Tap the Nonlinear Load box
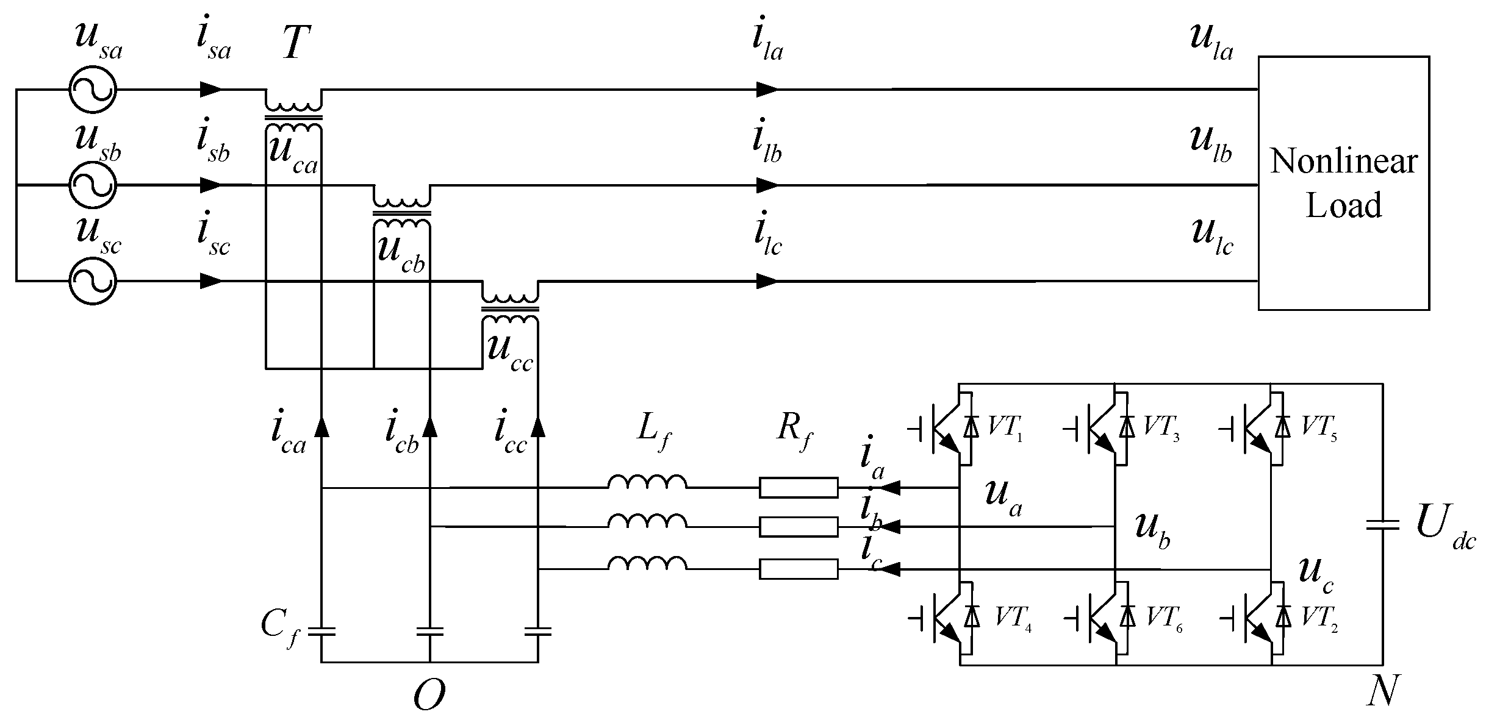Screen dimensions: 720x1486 pos(1343,183)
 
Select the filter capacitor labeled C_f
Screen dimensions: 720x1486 pos(321,631)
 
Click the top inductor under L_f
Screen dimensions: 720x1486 pos(647,482)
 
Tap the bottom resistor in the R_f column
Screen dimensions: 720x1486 pos(798,569)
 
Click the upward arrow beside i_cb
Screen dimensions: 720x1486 pos(430,426)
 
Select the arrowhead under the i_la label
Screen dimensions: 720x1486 pos(767,89)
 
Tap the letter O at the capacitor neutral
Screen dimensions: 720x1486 pos(429,694)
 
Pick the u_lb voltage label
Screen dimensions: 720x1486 pos(1211,141)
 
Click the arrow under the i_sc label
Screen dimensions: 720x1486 pos(211,281)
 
